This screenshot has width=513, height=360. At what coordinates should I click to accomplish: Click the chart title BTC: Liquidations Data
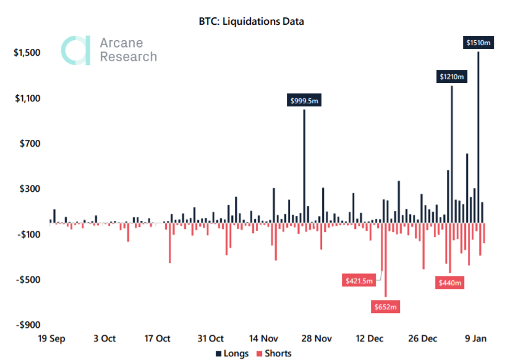[x=256, y=21]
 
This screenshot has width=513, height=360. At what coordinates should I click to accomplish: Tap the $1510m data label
[x=479, y=43]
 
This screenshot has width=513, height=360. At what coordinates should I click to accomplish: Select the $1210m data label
[x=452, y=77]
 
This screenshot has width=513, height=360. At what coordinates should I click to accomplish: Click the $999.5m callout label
[x=304, y=101]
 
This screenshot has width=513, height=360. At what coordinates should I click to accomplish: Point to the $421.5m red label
[x=359, y=281]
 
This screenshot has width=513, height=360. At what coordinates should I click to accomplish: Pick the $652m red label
[x=386, y=306]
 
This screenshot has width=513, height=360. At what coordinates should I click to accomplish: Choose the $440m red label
[x=450, y=283]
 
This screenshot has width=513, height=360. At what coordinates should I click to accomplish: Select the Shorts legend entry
[x=273, y=353]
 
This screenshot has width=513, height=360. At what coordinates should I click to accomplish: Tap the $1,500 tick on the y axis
[x=27, y=53]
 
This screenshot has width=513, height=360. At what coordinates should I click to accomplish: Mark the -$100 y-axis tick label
[x=28, y=234]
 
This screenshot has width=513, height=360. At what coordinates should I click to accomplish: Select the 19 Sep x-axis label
[x=51, y=338]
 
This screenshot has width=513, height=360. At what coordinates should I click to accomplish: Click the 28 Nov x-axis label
[x=316, y=338]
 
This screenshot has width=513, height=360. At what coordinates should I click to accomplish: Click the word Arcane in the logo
[x=121, y=43]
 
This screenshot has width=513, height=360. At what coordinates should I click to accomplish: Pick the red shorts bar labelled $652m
[x=386, y=260]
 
